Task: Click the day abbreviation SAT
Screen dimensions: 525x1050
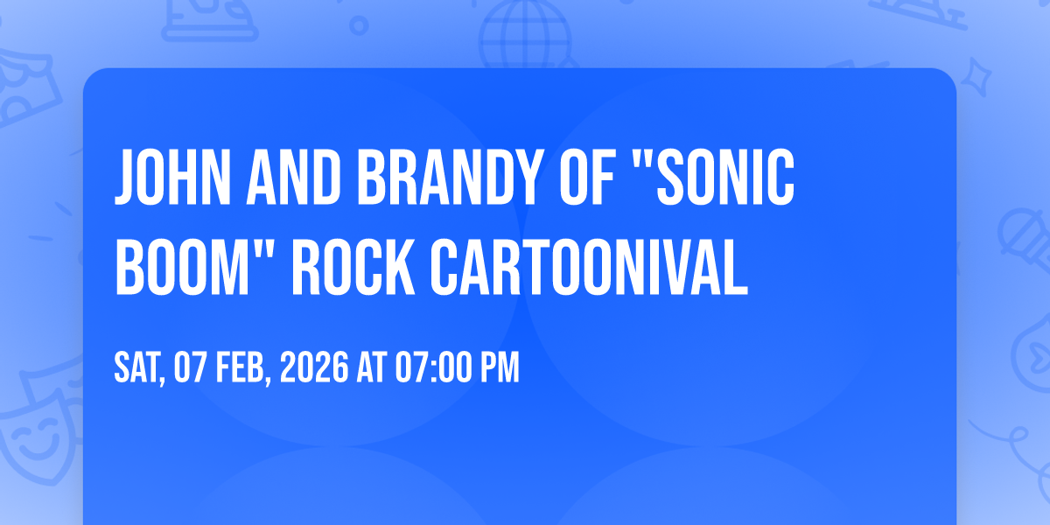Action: (x=138, y=368)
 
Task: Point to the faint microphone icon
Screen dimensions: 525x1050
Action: (x=1019, y=232)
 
